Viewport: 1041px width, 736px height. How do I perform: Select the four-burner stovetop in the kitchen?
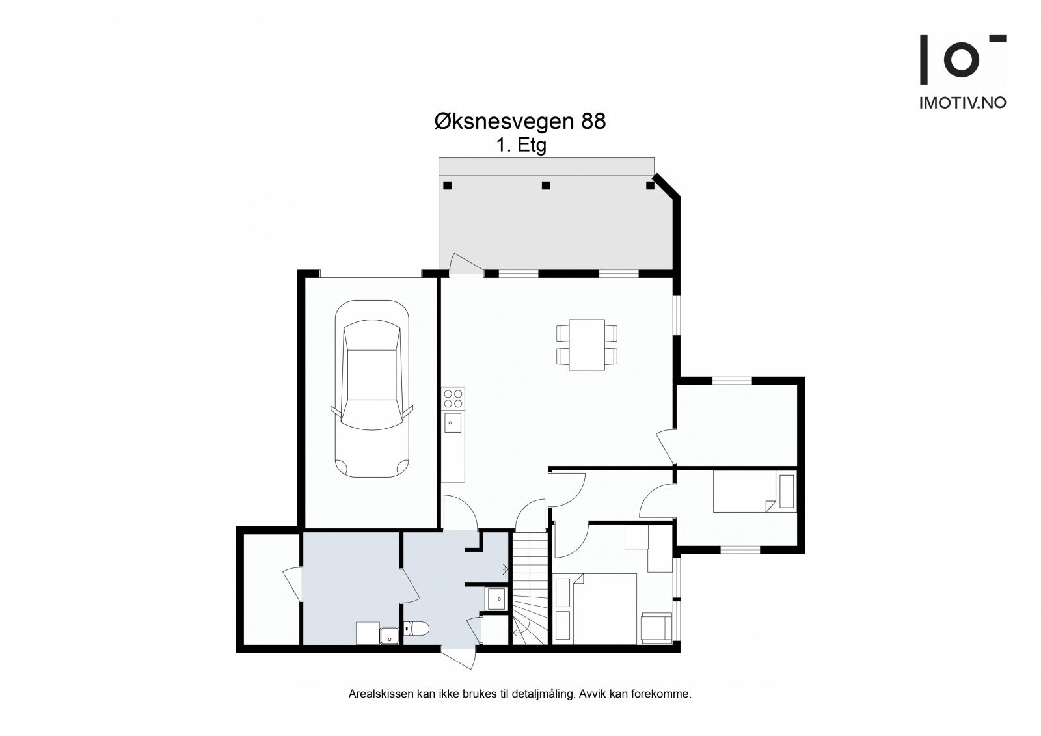click(x=453, y=398)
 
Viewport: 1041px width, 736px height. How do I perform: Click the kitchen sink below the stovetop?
click(x=453, y=422)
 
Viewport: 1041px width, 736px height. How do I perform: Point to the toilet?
click(x=416, y=629)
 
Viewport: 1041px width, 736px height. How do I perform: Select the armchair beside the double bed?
click(x=656, y=628)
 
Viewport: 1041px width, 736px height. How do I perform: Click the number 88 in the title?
click(x=593, y=122)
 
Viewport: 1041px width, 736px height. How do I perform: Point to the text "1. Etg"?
click(x=521, y=146)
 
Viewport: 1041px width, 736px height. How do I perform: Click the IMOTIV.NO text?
click(x=963, y=103)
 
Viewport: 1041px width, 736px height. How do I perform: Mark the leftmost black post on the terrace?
click(x=447, y=185)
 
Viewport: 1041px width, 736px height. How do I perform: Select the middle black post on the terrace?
click(x=546, y=185)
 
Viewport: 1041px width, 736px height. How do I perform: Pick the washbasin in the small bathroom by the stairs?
click(x=496, y=599)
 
